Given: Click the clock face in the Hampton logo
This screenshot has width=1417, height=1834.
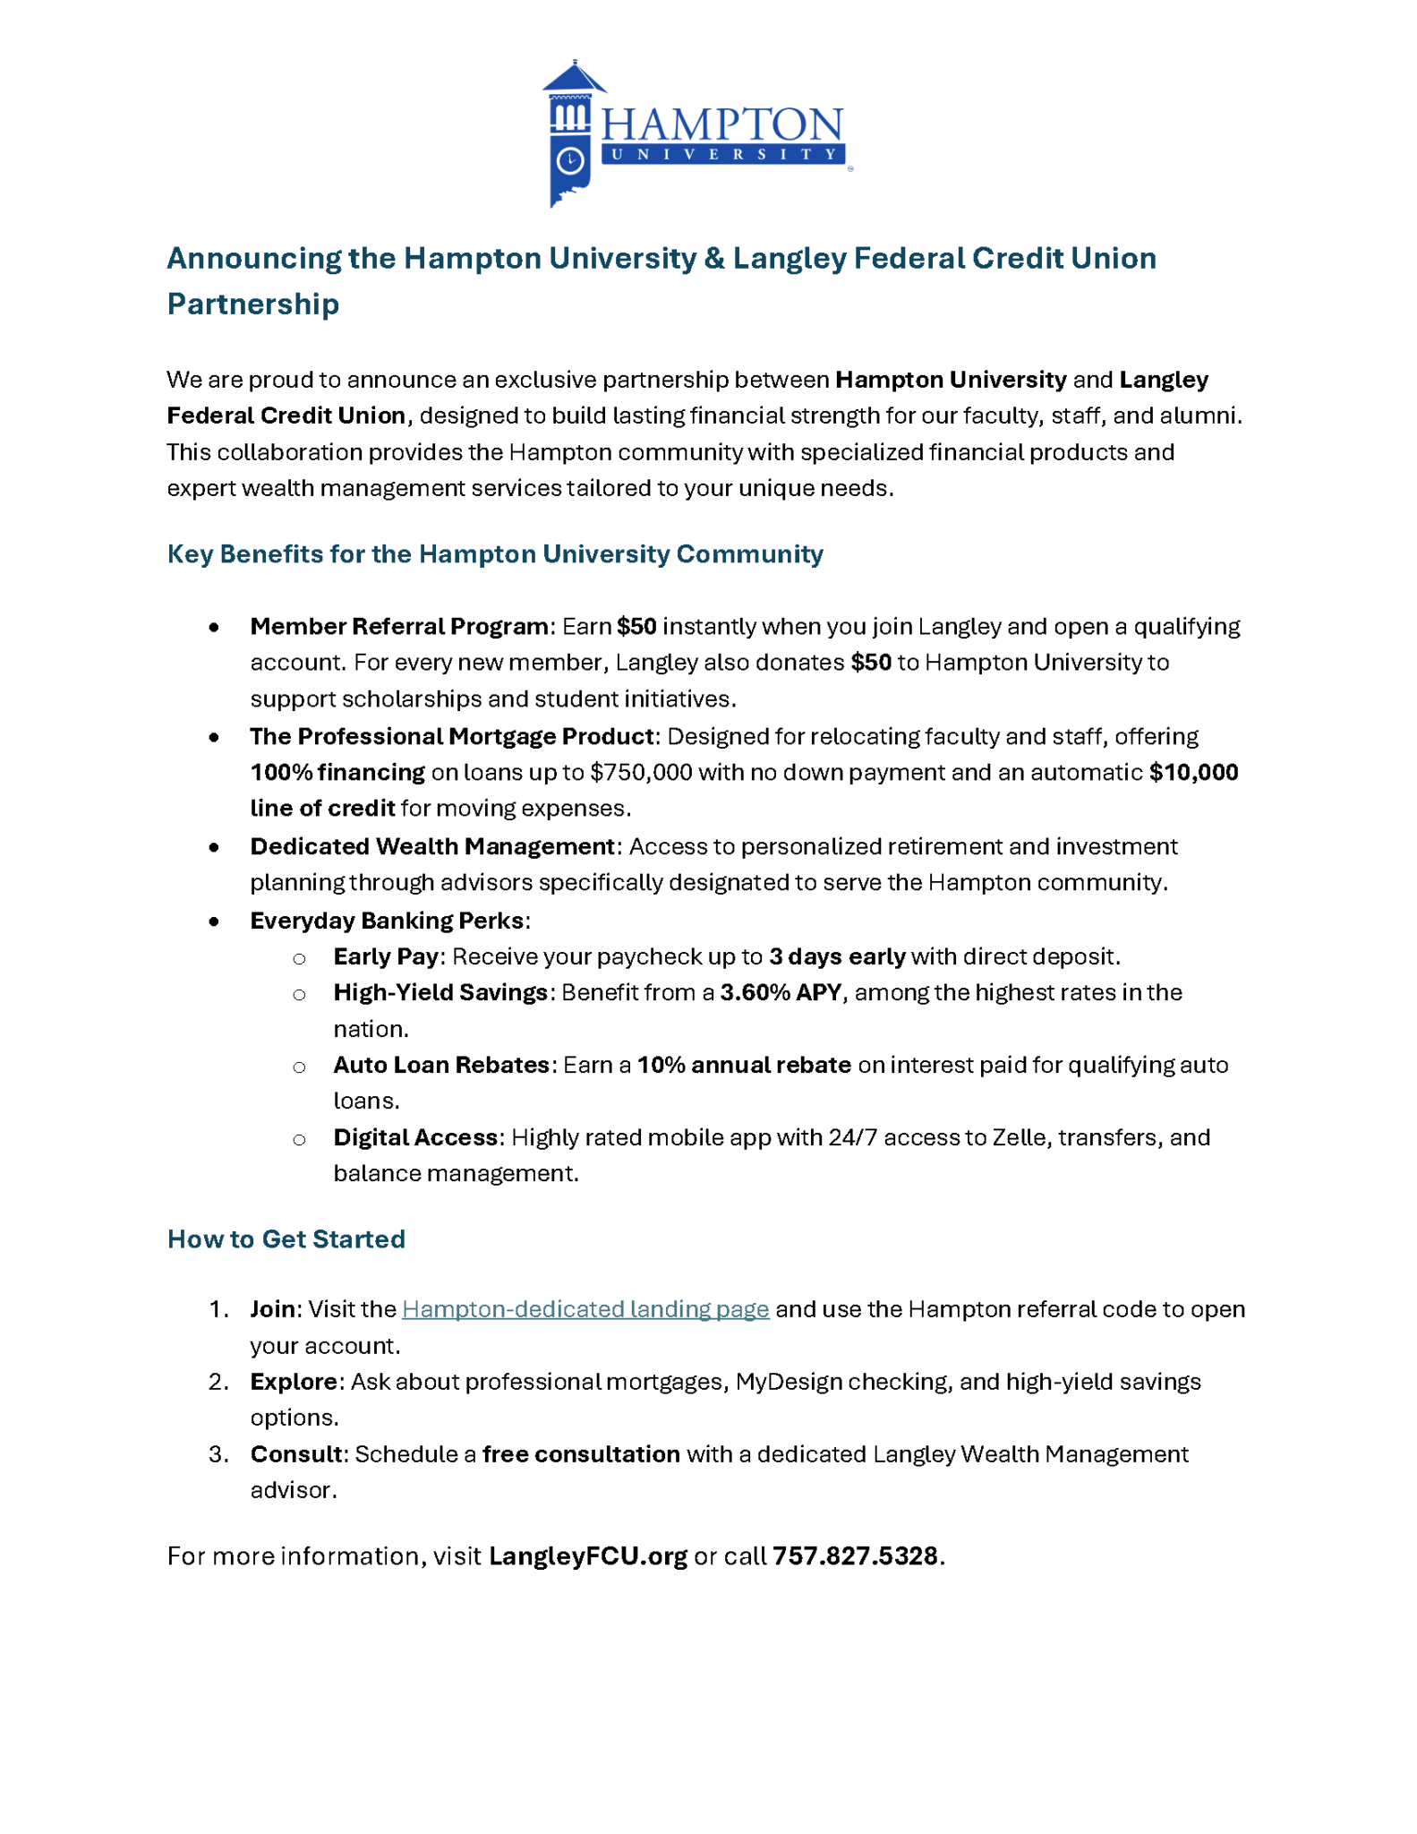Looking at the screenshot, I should click(570, 161).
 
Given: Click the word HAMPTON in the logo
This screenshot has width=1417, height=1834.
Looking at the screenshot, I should click(722, 124).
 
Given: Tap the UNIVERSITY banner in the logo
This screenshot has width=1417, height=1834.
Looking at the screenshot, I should click(722, 155).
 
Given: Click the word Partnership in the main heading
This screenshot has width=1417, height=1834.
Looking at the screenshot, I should click(253, 304).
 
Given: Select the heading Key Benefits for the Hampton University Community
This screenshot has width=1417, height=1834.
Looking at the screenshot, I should click(495, 554).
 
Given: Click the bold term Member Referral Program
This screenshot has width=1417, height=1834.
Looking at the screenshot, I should click(399, 627).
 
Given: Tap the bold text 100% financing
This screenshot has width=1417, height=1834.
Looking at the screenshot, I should click(337, 773).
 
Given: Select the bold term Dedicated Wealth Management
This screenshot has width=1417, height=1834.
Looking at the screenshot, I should click(431, 847).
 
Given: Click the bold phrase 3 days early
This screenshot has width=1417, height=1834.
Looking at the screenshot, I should click(837, 957).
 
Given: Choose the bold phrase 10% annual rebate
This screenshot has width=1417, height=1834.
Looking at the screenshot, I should click(744, 1066).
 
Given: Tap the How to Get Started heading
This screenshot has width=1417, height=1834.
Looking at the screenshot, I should click(286, 1239).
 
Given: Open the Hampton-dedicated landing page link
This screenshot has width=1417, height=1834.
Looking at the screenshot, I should click(585, 1310).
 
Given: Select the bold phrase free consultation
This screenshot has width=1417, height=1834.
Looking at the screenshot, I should click(581, 1454).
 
